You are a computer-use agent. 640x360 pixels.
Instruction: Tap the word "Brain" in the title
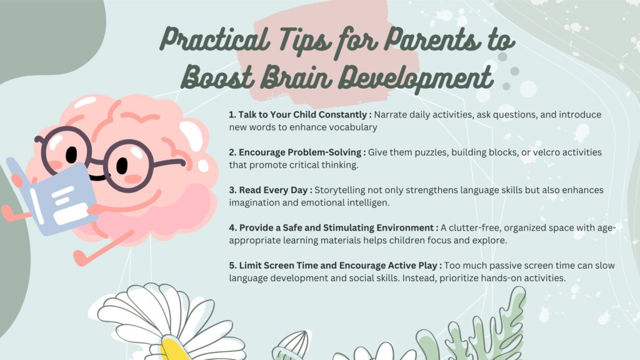296,77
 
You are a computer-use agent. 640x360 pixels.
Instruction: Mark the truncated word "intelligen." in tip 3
368,203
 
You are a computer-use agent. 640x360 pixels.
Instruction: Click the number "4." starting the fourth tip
232,227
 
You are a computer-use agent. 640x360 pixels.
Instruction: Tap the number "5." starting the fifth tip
232,266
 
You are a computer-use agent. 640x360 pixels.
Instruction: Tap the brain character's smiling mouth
97,177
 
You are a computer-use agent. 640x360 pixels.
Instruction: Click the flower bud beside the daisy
291,345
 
